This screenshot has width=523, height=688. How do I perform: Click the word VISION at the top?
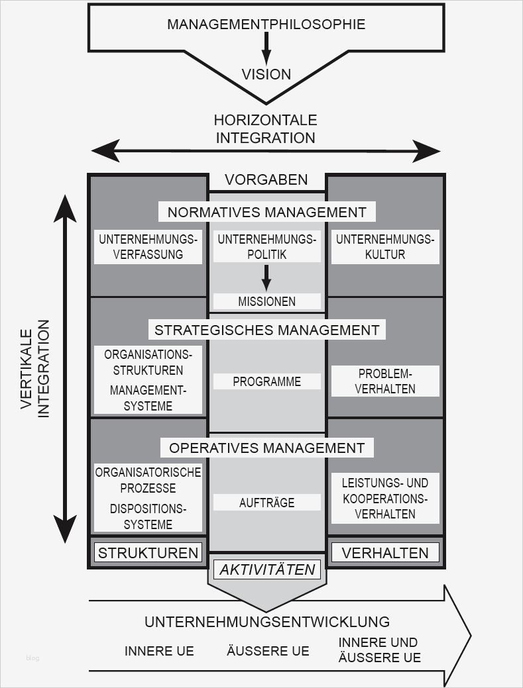tap(266, 74)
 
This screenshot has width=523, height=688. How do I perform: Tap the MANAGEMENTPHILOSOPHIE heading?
tap(266, 25)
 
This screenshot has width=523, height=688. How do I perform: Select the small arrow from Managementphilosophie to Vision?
tap(266, 48)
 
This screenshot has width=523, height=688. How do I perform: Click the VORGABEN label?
tap(266, 179)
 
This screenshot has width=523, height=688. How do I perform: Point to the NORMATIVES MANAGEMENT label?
tap(266, 212)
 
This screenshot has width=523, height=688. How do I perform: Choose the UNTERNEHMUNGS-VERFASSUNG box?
tap(148, 247)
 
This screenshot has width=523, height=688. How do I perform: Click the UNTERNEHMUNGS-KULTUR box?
tap(384, 247)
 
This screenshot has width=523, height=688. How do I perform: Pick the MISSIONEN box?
tap(266, 301)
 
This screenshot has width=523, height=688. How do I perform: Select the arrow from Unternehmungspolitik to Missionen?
tap(266, 277)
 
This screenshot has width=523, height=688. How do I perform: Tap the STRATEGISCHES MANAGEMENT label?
tap(266, 329)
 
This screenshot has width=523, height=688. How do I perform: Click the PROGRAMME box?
tap(266, 381)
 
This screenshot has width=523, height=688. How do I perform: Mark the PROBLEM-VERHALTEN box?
tap(384, 381)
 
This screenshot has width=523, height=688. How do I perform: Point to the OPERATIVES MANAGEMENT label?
tap(266, 448)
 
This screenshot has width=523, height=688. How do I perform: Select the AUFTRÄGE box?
tap(266, 503)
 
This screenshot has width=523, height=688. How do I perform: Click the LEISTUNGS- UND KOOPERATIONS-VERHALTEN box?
tap(384, 498)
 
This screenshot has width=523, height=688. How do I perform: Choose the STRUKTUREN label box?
tap(148, 552)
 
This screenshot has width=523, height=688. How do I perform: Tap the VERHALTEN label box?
tap(384, 552)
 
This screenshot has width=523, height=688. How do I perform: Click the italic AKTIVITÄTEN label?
tap(266, 569)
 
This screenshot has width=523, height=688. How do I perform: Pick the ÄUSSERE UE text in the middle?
tap(268, 651)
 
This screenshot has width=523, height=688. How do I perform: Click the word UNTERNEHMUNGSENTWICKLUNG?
tap(266, 622)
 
